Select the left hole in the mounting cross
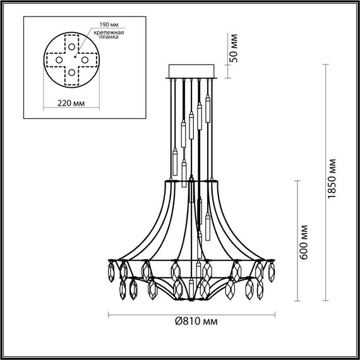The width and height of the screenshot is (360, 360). [x=59, y=59]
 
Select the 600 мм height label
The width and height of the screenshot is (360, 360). [x=305, y=240]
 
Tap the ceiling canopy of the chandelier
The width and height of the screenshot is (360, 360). [x=193, y=70]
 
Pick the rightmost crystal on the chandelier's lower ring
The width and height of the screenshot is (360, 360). [x=272, y=272]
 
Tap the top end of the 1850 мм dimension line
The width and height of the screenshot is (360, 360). [x=326, y=63]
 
